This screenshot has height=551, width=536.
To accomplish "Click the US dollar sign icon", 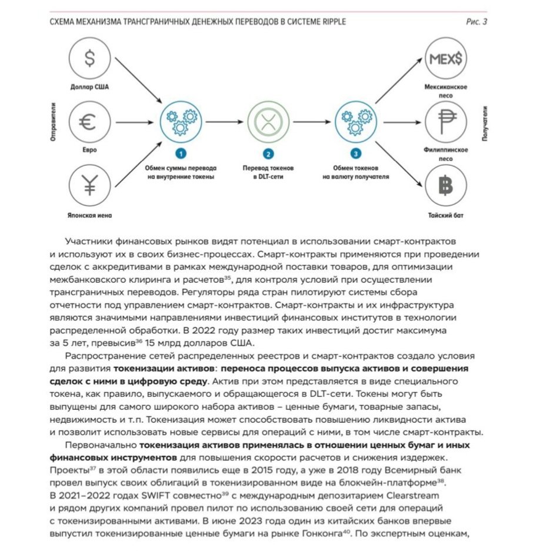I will pyautogui.click(x=89, y=58).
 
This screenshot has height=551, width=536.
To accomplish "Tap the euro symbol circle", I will pyautogui.click(x=89, y=122).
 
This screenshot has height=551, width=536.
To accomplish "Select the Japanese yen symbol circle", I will pyautogui.click(x=89, y=186).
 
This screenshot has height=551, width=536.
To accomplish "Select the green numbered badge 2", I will pyautogui.click(x=268, y=155).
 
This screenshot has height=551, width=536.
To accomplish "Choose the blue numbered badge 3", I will pyautogui.click(x=355, y=155).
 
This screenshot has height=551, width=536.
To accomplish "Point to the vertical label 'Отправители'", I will pyautogui.click(x=54, y=122).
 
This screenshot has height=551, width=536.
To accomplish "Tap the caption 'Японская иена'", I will pyautogui.click(x=89, y=216).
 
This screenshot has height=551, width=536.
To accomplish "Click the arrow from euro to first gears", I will pyautogui.click(x=136, y=122).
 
